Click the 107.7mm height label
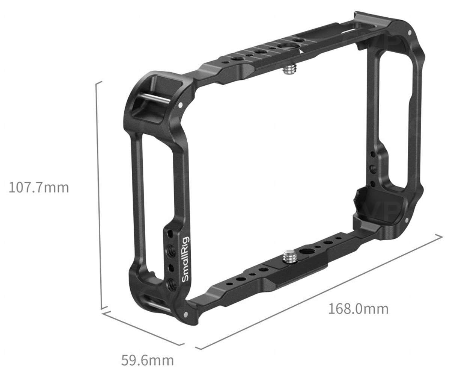click(x=39, y=187)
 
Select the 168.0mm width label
click(x=358, y=309)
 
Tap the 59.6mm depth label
click(x=148, y=360)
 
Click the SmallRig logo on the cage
click(x=185, y=259)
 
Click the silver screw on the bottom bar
click(x=290, y=257)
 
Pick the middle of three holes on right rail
click(x=372, y=168)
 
